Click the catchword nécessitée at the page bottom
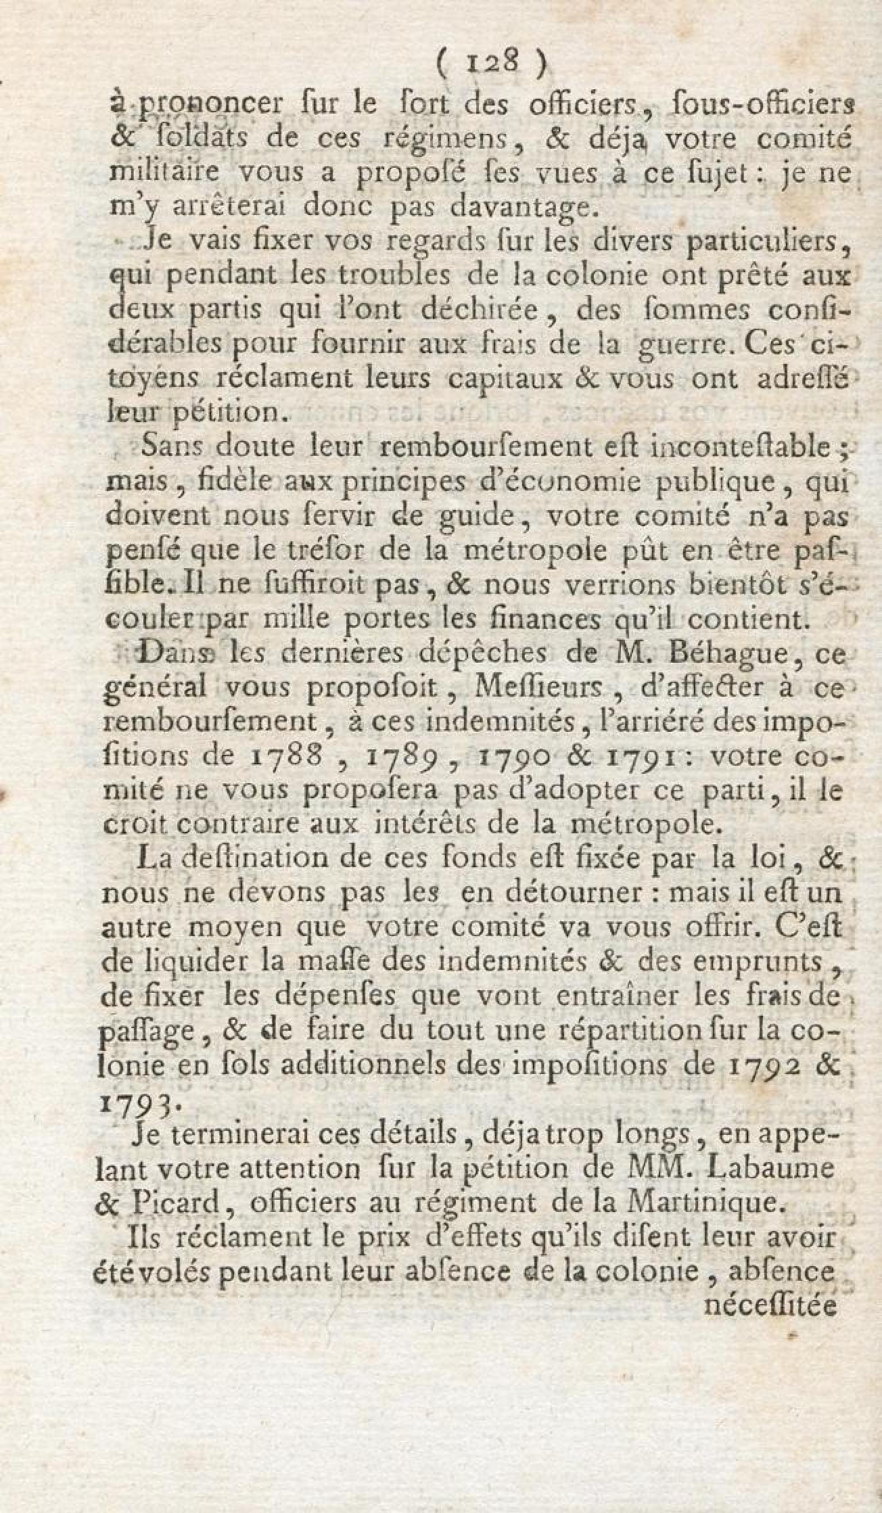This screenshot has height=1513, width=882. (770, 1305)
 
